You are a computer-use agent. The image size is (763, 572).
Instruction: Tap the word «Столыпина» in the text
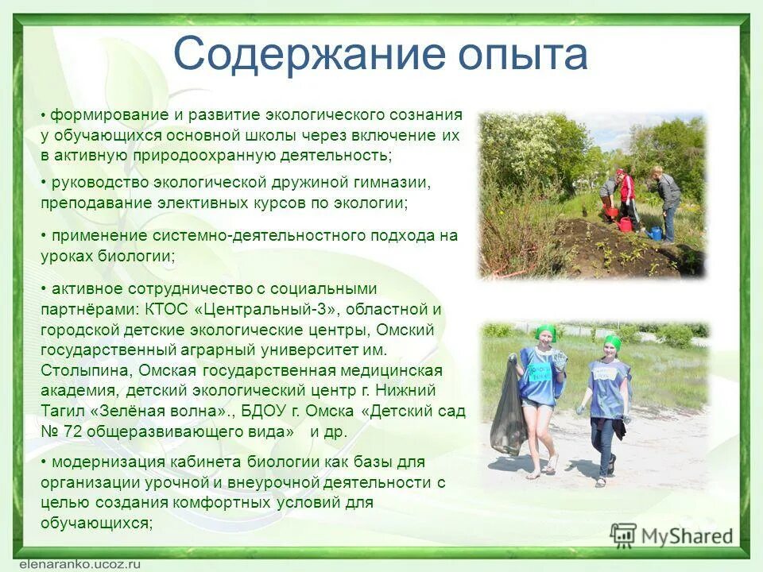(x=87, y=370)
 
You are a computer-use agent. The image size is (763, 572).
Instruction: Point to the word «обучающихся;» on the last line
(x=96, y=524)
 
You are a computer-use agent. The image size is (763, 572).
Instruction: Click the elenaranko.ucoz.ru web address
(x=69, y=561)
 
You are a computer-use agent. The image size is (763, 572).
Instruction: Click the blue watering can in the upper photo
(x=655, y=233)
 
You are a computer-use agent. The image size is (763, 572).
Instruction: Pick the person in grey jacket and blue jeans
(x=668, y=202)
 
